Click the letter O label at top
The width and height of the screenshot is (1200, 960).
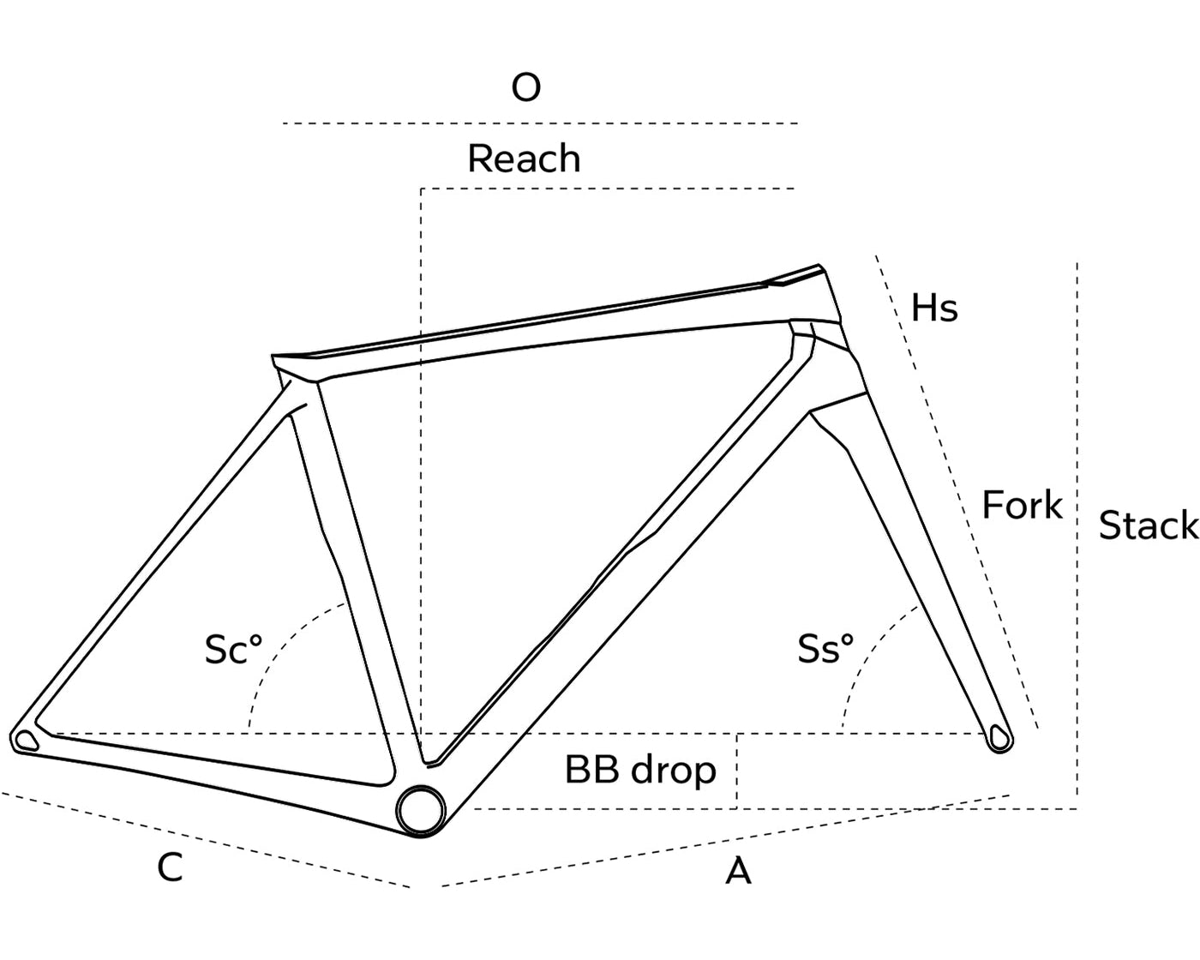click(x=525, y=87)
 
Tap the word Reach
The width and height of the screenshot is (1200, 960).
click(x=524, y=159)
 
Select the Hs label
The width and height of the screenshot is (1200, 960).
click(x=933, y=308)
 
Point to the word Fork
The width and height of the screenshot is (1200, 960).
click(x=1022, y=506)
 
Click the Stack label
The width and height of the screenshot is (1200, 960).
click(x=1147, y=525)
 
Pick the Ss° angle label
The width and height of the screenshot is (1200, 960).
click(x=825, y=649)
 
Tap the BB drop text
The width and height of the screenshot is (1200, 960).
click(x=640, y=770)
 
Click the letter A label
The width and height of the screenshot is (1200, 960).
click(x=738, y=872)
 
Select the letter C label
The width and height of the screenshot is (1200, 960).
click(x=170, y=867)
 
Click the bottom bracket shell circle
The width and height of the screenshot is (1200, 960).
click(x=421, y=808)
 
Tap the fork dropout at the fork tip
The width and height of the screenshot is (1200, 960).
click(x=999, y=736)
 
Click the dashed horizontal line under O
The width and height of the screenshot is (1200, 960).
click(x=540, y=123)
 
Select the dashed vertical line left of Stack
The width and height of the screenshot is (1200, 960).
click(x=1077, y=531)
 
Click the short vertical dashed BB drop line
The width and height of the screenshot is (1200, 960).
click(x=737, y=771)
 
